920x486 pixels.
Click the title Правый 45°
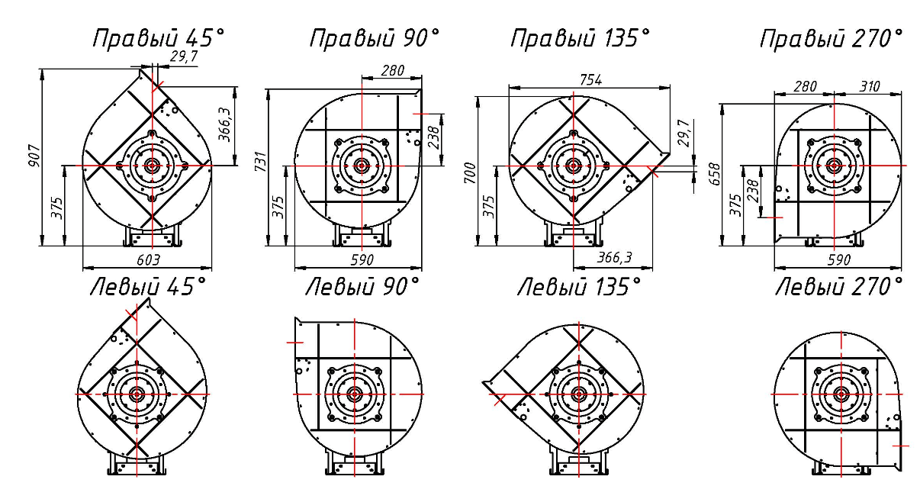click(x=159, y=39)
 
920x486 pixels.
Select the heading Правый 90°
click(x=374, y=39)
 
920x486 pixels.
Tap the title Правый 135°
click(x=581, y=39)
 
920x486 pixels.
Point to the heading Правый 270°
click(x=832, y=39)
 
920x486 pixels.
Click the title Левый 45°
click(x=148, y=286)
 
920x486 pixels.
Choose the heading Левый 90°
click(x=362, y=286)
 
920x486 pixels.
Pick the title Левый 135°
click(x=579, y=286)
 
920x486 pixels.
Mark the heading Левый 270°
click(x=839, y=286)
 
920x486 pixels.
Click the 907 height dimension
click(x=34, y=156)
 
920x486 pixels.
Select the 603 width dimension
click(x=148, y=260)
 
